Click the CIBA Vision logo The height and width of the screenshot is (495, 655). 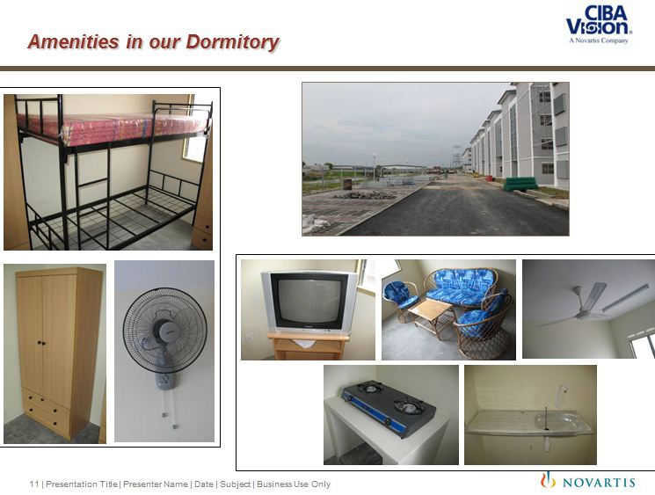tap(599, 25)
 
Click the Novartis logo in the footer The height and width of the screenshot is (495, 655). tap(588, 481)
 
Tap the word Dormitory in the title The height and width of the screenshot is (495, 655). tap(232, 42)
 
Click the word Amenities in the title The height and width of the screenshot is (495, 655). tap(74, 42)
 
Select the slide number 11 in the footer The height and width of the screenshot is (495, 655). tap(33, 484)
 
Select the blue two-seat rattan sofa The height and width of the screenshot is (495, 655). tap(462, 288)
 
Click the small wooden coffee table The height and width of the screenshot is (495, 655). tap(431, 316)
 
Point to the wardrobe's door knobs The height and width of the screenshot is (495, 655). tap(41, 343)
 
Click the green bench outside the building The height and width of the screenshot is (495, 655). tap(520, 184)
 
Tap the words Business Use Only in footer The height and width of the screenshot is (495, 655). tap(294, 484)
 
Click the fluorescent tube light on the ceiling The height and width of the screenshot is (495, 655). tap(625, 297)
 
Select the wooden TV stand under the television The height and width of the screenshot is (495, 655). tap(309, 346)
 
